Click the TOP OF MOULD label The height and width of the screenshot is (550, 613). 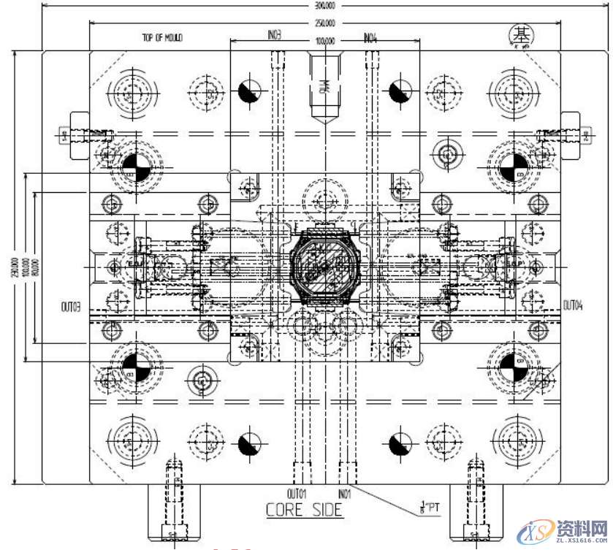click(162, 37)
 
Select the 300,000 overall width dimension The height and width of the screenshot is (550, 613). click(325, 5)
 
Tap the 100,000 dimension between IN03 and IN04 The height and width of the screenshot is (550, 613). click(325, 42)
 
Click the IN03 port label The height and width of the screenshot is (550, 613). click(275, 35)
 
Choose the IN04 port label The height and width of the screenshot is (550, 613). click(370, 35)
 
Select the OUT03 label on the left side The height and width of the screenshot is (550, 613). click(70, 306)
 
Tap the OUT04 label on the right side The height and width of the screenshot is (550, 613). click(573, 304)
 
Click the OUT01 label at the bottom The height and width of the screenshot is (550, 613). click(297, 493)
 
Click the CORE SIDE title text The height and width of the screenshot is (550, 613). click(304, 510)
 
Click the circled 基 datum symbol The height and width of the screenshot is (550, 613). click(522, 34)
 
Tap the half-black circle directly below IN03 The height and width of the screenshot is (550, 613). click(249, 91)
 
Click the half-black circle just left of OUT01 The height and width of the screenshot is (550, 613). click(249, 443)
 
